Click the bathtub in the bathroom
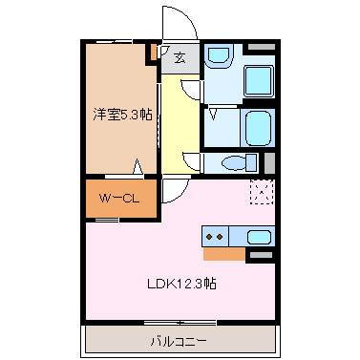click(258, 125)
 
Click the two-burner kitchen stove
click(215, 236)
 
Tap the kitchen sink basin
click(259, 236)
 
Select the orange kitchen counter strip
click(223, 253)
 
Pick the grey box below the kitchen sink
click(260, 255)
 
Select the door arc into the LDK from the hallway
click(173, 191)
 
